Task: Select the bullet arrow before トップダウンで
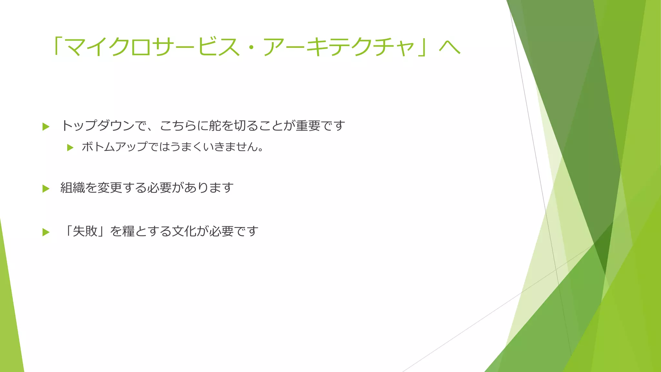click(46, 127)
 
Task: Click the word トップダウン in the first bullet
click(97, 126)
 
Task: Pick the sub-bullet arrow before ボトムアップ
click(70, 148)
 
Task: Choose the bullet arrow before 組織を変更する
click(46, 189)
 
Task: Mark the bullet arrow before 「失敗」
click(46, 232)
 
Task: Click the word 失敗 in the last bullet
click(85, 231)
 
